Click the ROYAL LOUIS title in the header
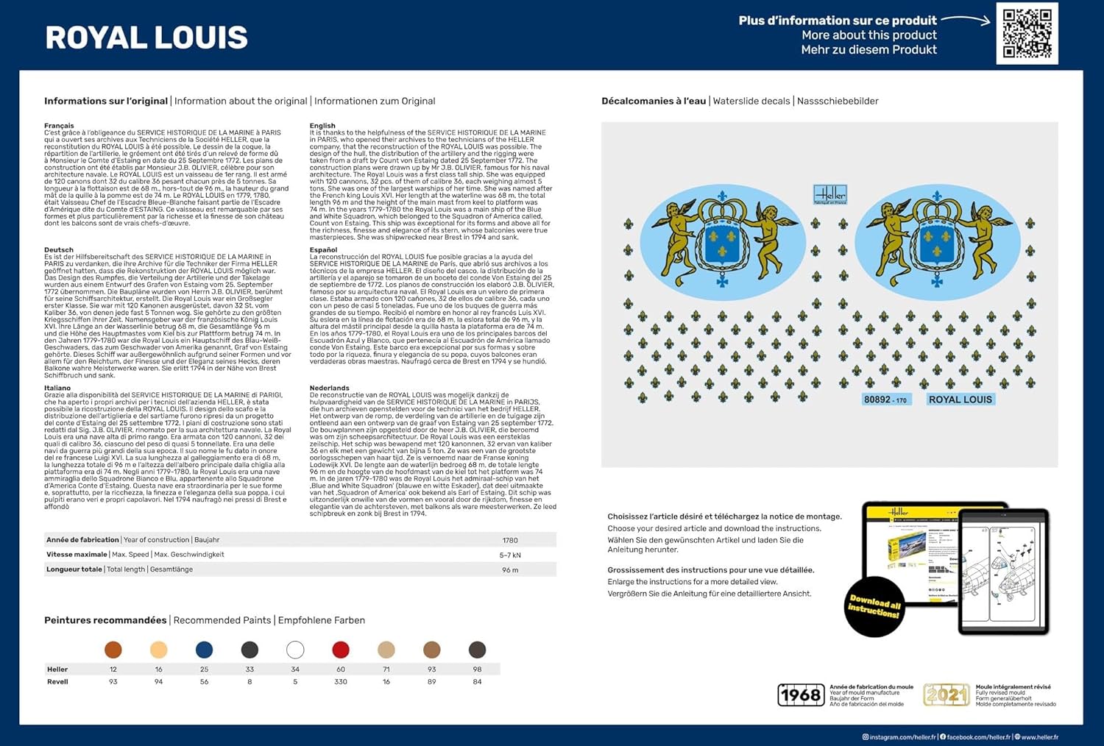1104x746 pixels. coord(146,38)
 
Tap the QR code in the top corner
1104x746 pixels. coord(1027,33)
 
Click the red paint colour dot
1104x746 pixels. coord(340,650)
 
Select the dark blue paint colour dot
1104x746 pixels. coord(204,650)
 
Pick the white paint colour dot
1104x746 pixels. coord(295,650)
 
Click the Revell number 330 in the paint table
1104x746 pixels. coord(340,682)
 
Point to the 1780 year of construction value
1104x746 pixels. coord(510,540)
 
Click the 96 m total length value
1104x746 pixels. coord(510,570)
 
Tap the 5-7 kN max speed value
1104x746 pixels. coord(510,555)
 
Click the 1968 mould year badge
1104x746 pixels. coord(801,695)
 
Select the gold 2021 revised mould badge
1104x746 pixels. coord(946,695)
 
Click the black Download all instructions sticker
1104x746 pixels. coord(874,606)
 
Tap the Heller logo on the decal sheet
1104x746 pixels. coord(830,195)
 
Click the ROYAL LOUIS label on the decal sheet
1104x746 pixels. coord(960,399)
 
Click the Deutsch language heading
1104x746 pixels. coord(59,250)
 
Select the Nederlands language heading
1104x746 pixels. coord(329,388)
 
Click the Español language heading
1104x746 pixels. coord(323,250)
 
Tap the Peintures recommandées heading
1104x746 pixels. coord(105,620)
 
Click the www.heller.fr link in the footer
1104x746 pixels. coord(1038,736)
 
